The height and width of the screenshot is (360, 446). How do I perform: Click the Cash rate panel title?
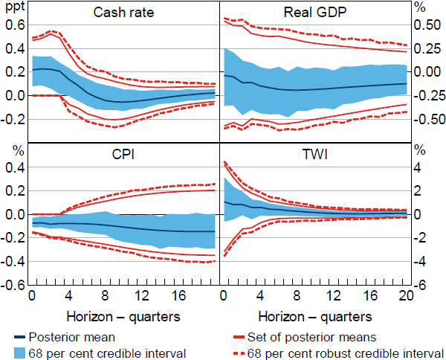[x=124, y=13]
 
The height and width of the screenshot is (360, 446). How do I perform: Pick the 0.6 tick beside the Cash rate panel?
[x=14, y=25]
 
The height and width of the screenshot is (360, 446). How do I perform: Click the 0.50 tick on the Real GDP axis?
[x=427, y=25]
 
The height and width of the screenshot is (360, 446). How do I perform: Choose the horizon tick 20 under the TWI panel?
[x=406, y=296]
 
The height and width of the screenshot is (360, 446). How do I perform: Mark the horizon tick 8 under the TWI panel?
[x=296, y=296]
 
